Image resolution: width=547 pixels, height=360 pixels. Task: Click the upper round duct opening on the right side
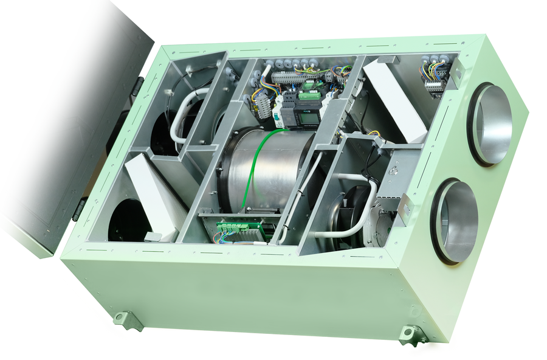pyautogui.click(x=490, y=125)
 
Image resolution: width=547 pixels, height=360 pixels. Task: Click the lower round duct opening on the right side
pyautogui.click(x=455, y=221)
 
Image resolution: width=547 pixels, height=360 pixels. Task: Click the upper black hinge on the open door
pyautogui.click(x=139, y=85)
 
